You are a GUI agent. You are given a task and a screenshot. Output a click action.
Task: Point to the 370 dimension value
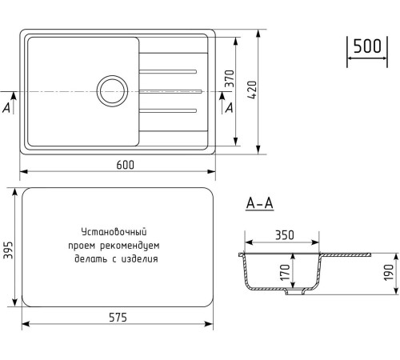pyautogui.click(x=228, y=80)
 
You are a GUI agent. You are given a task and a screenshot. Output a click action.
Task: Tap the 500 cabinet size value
pyautogui.click(x=366, y=46)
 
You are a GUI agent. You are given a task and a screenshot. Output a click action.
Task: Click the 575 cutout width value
pyautogui.click(x=118, y=318)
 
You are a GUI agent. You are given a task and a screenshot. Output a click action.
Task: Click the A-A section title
pyautogui.click(x=259, y=203)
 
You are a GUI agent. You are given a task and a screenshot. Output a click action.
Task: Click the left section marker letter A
pyautogui.click(x=8, y=106)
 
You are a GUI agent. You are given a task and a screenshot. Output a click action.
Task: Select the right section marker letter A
pyautogui.click(x=230, y=106)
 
